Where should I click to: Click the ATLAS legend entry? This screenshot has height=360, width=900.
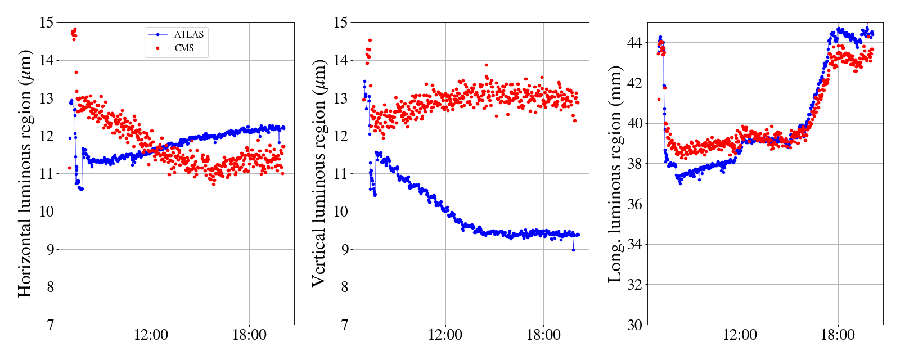point(188,35)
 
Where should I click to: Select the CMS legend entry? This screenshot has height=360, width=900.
point(184,48)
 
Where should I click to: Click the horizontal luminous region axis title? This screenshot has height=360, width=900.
point(25,174)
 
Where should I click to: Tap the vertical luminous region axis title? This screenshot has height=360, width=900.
point(319,174)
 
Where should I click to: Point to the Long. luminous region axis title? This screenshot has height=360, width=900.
point(615,174)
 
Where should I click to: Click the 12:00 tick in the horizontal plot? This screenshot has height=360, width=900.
point(151,335)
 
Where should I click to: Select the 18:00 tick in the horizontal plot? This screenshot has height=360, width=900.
point(249,335)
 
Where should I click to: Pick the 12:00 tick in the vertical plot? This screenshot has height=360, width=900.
point(445,335)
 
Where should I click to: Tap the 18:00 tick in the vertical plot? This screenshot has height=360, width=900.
point(543,335)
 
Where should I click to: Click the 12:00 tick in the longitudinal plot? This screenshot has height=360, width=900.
point(740,335)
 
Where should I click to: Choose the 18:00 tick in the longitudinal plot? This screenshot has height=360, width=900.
point(838,335)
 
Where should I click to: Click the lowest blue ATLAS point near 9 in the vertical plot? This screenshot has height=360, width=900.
point(573,250)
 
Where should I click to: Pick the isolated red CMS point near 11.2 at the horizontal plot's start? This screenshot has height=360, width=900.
point(70,168)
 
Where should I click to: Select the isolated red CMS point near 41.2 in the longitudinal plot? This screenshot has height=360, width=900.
point(659,100)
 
